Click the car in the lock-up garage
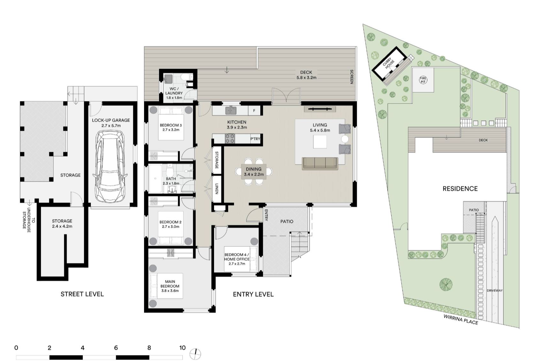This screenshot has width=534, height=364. (110, 167)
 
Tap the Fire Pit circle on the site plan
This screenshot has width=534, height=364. (423, 80)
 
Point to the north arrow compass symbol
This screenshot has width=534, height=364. (195, 354)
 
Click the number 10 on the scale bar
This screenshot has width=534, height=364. (182, 347)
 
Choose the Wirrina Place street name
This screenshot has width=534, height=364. (461, 319)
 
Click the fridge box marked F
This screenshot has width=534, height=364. (254, 111)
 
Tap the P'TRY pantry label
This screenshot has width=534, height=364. (255, 139)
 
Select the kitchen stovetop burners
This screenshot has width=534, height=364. (230, 139)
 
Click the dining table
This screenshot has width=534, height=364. (254, 171)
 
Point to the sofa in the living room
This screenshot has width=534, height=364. (320, 163)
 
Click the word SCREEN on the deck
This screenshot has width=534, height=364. (351, 77)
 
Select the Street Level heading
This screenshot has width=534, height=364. (82, 294)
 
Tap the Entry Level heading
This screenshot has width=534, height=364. (253, 294)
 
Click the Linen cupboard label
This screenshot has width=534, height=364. (217, 189)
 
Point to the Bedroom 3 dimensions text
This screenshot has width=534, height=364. (171, 130)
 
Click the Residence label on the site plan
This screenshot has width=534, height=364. (460, 189)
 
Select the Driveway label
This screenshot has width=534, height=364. (495, 290)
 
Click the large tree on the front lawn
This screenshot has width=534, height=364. (446, 284)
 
